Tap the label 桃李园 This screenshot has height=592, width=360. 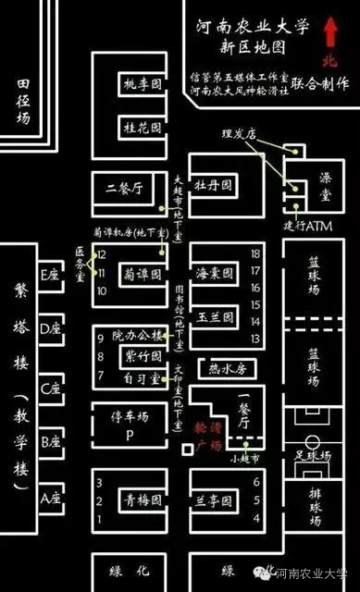[x=143, y=85]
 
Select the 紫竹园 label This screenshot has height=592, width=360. [x=143, y=356]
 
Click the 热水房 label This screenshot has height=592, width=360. [x=227, y=369]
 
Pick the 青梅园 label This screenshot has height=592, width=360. [x=143, y=500]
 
